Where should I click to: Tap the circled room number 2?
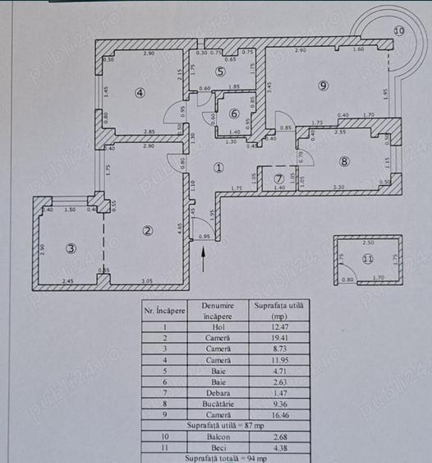point(147,230)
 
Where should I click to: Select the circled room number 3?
point(71,248)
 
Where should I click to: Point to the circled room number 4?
point(140,92)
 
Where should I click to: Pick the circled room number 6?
point(234,114)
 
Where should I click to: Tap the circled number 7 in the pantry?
point(278,178)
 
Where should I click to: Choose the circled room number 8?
point(344,161)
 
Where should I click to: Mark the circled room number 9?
point(324,85)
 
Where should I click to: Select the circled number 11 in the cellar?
point(368,259)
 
